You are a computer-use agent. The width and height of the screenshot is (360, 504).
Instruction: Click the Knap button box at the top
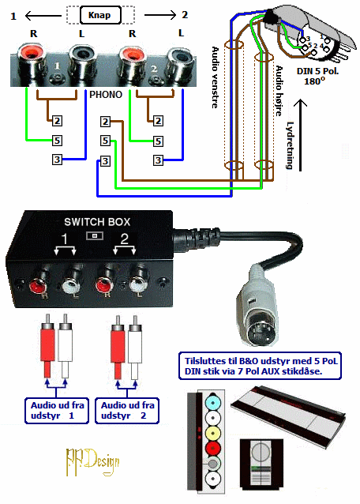pyautogui.click(x=100, y=15)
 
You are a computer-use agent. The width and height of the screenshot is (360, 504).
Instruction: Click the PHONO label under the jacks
pyautogui.click(x=106, y=95)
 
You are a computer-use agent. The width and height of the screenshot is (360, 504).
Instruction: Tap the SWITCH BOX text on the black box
pyautogui.click(x=97, y=222)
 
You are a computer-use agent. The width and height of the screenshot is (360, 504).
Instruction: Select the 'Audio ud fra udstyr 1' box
pyautogui.click(x=57, y=411)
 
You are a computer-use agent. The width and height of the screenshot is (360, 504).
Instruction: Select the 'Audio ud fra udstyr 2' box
pyautogui.click(x=127, y=411)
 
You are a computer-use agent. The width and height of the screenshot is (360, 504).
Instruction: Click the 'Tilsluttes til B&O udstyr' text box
pyautogui.click(x=260, y=366)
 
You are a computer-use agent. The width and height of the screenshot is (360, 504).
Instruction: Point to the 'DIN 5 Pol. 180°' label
pyautogui.click(x=317, y=76)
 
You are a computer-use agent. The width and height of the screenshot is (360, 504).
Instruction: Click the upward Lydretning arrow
pyautogui.click(x=301, y=135)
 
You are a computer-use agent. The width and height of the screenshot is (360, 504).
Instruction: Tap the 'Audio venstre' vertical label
pyautogui.click(x=215, y=77)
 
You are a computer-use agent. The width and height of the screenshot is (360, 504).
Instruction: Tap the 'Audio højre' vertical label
pyautogui.click(x=279, y=91)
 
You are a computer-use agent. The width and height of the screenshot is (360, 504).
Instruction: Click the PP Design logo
pyautogui.click(x=92, y=461)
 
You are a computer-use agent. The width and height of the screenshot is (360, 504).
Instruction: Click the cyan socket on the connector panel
pyautogui.click(x=212, y=402)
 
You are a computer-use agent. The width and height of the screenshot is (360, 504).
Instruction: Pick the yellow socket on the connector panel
pyautogui.click(x=212, y=433)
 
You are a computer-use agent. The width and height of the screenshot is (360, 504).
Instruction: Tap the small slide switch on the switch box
pyautogui.click(x=95, y=236)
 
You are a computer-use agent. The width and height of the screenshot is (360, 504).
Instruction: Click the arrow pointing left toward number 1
pyautogui.click(x=43, y=15)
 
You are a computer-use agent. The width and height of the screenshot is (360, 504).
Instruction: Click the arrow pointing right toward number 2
pyautogui.click(x=160, y=14)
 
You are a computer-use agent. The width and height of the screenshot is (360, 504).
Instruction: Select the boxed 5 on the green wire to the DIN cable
pyautogui.click(x=105, y=141)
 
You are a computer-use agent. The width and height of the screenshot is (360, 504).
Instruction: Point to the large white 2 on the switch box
pyautogui.click(x=124, y=239)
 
